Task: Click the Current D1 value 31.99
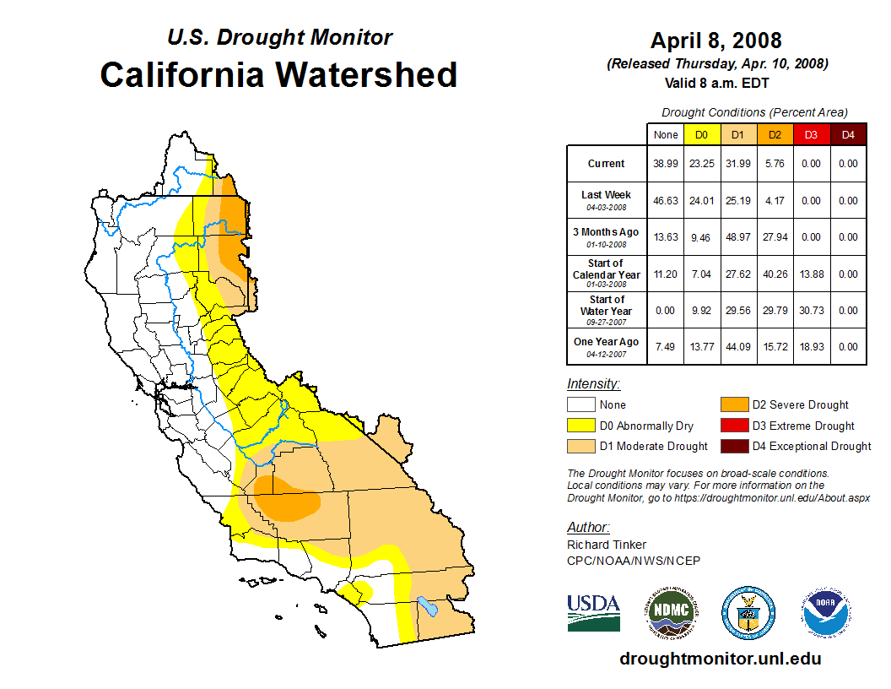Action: (x=738, y=164)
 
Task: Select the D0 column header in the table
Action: (x=702, y=134)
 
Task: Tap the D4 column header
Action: (x=848, y=134)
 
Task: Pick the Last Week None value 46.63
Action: (x=666, y=201)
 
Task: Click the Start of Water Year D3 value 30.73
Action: (x=811, y=310)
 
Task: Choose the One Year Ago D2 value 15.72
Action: (x=775, y=346)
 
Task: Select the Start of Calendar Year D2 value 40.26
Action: (x=775, y=274)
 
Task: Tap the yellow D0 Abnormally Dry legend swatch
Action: (x=580, y=426)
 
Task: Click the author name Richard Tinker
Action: (x=607, y=545)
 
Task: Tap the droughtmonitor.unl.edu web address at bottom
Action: (x=721, y=659)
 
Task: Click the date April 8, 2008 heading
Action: (x=716, y=40)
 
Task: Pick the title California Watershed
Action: (x=278, y=74)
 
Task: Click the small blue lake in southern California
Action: (x=428, y=606)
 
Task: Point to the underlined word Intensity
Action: (x=593, y=383)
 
